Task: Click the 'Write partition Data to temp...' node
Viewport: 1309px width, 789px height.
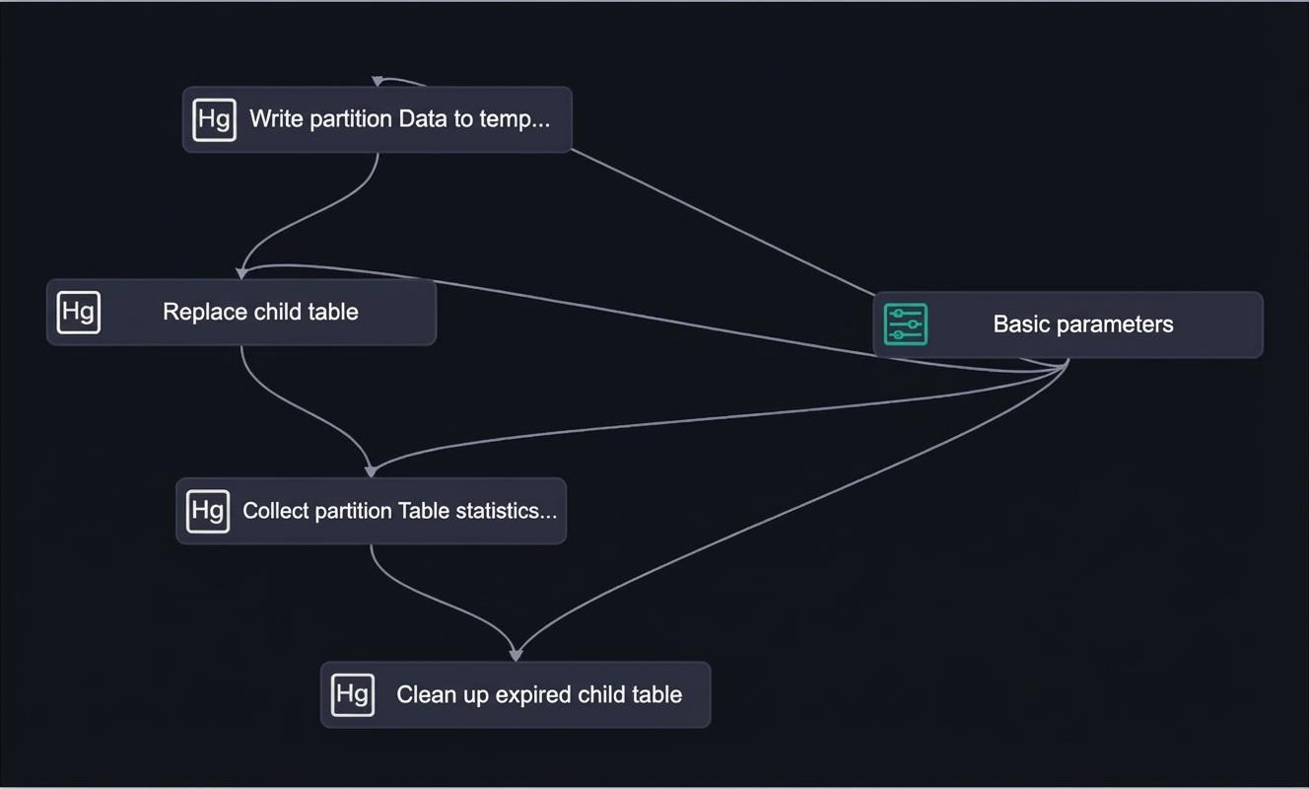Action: tap(377, 119)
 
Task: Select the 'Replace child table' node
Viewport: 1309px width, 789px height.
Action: tap(241, 312)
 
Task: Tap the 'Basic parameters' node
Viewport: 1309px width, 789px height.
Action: tap(1068, 324)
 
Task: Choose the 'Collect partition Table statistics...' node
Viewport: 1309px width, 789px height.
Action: tap(371, 511)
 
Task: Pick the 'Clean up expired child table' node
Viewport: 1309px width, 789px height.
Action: tap(516, 695)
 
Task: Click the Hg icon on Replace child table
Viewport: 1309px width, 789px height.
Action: tap(79, 313)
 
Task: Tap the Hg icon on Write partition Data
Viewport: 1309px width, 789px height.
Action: tap(215, 120)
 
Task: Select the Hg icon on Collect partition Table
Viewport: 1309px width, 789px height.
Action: tap(208, 511)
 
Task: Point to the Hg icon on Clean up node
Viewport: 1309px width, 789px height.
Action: tap(352, 695)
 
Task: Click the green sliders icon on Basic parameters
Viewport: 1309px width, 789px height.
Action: tap(906, 324)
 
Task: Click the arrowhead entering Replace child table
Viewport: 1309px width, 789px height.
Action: tap(241, 274)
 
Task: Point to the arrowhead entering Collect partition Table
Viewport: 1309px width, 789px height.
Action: tap(371, 471)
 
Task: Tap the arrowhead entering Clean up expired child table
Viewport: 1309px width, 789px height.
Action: tap(516, 655)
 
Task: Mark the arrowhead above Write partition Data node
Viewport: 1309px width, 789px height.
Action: tap(378, 81)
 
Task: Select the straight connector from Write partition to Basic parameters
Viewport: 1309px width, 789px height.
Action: tap(723, 222)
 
